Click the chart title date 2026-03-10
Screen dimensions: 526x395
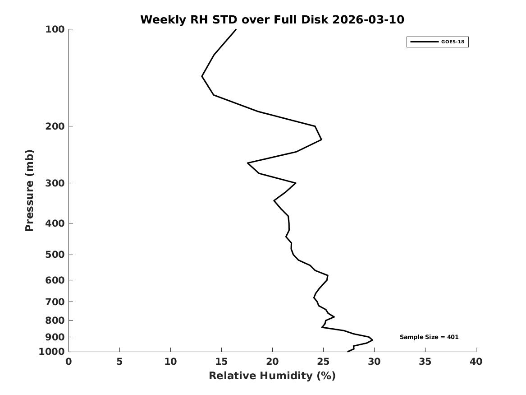pyautogui.click(x=368, y=19)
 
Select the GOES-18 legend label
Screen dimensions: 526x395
pyautogui.click(x=453, y=42)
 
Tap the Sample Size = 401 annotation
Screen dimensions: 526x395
pyautogui.click(x=429, y=337)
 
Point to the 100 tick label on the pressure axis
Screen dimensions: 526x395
pyautogui.click(x=55, y=29)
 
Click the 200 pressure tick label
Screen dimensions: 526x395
pyautogui.click(x=55, y=126)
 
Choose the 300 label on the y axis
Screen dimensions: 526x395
pyautogui.click(x=55, y=183)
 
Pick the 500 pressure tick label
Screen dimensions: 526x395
pyautogui.click(x=55, y=255)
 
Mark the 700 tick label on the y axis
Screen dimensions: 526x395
pyautogui.click(x=55, y=302)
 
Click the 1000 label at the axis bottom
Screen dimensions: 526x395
pyautogui.click(x=52, y=352)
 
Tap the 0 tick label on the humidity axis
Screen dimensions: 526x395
pyautogui.click(x=69, y=362)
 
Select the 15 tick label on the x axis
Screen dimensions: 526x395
pyautogui.click(x=221, y=362)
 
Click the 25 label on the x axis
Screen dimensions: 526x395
pyautogui.click(x=323, y=362)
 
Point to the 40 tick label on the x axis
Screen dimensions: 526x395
pyautogui.click(x=476, y=362)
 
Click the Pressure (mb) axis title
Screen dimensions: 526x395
pyautogui.click(x=29, y=191)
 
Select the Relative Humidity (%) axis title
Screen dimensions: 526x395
pyautogui.click(x=272, y=376)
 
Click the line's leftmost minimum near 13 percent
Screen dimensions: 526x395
pyautogui.click(x=202, y=76)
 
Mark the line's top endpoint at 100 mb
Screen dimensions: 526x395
pyautogui.click(x=236, y=29)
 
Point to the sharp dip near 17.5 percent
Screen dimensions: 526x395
pyautogui.click(x=247, y=163)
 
